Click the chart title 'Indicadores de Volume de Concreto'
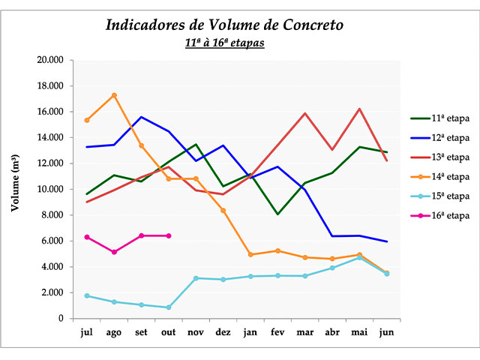[224, 25]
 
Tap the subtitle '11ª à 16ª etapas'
[224, 43]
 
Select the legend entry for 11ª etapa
[439, 118]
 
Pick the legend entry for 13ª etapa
[439, 157]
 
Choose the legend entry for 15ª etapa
[439, 196]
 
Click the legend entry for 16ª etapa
[439, 215]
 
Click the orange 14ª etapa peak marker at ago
[114, 95]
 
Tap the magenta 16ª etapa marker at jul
[87, 237]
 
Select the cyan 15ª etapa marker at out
[169, 307]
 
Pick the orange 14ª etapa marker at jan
[250, 255]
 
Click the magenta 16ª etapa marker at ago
[114, 252]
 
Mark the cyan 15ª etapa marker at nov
[196, 278]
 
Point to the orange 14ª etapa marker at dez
[223, 211]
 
